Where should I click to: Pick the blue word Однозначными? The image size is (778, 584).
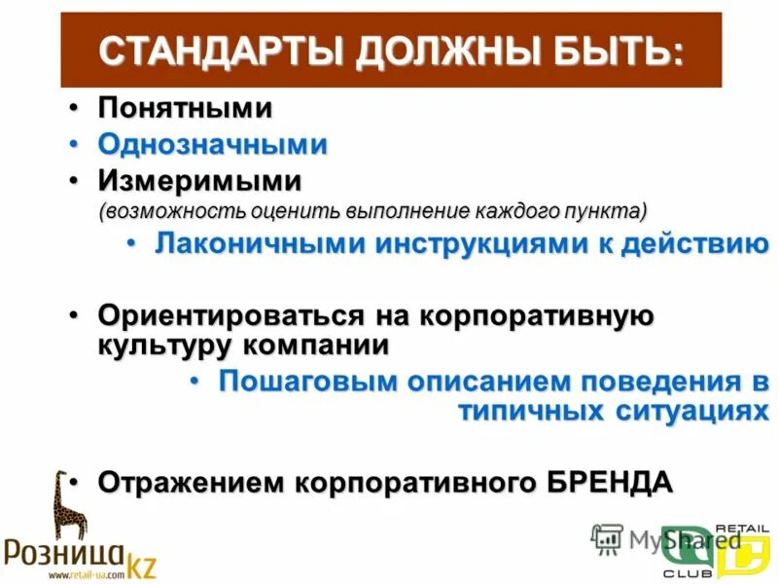tap(212, 144)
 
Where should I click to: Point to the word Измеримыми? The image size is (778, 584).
tap(199, 180)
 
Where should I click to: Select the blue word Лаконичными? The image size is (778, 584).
tap(248, 243)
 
